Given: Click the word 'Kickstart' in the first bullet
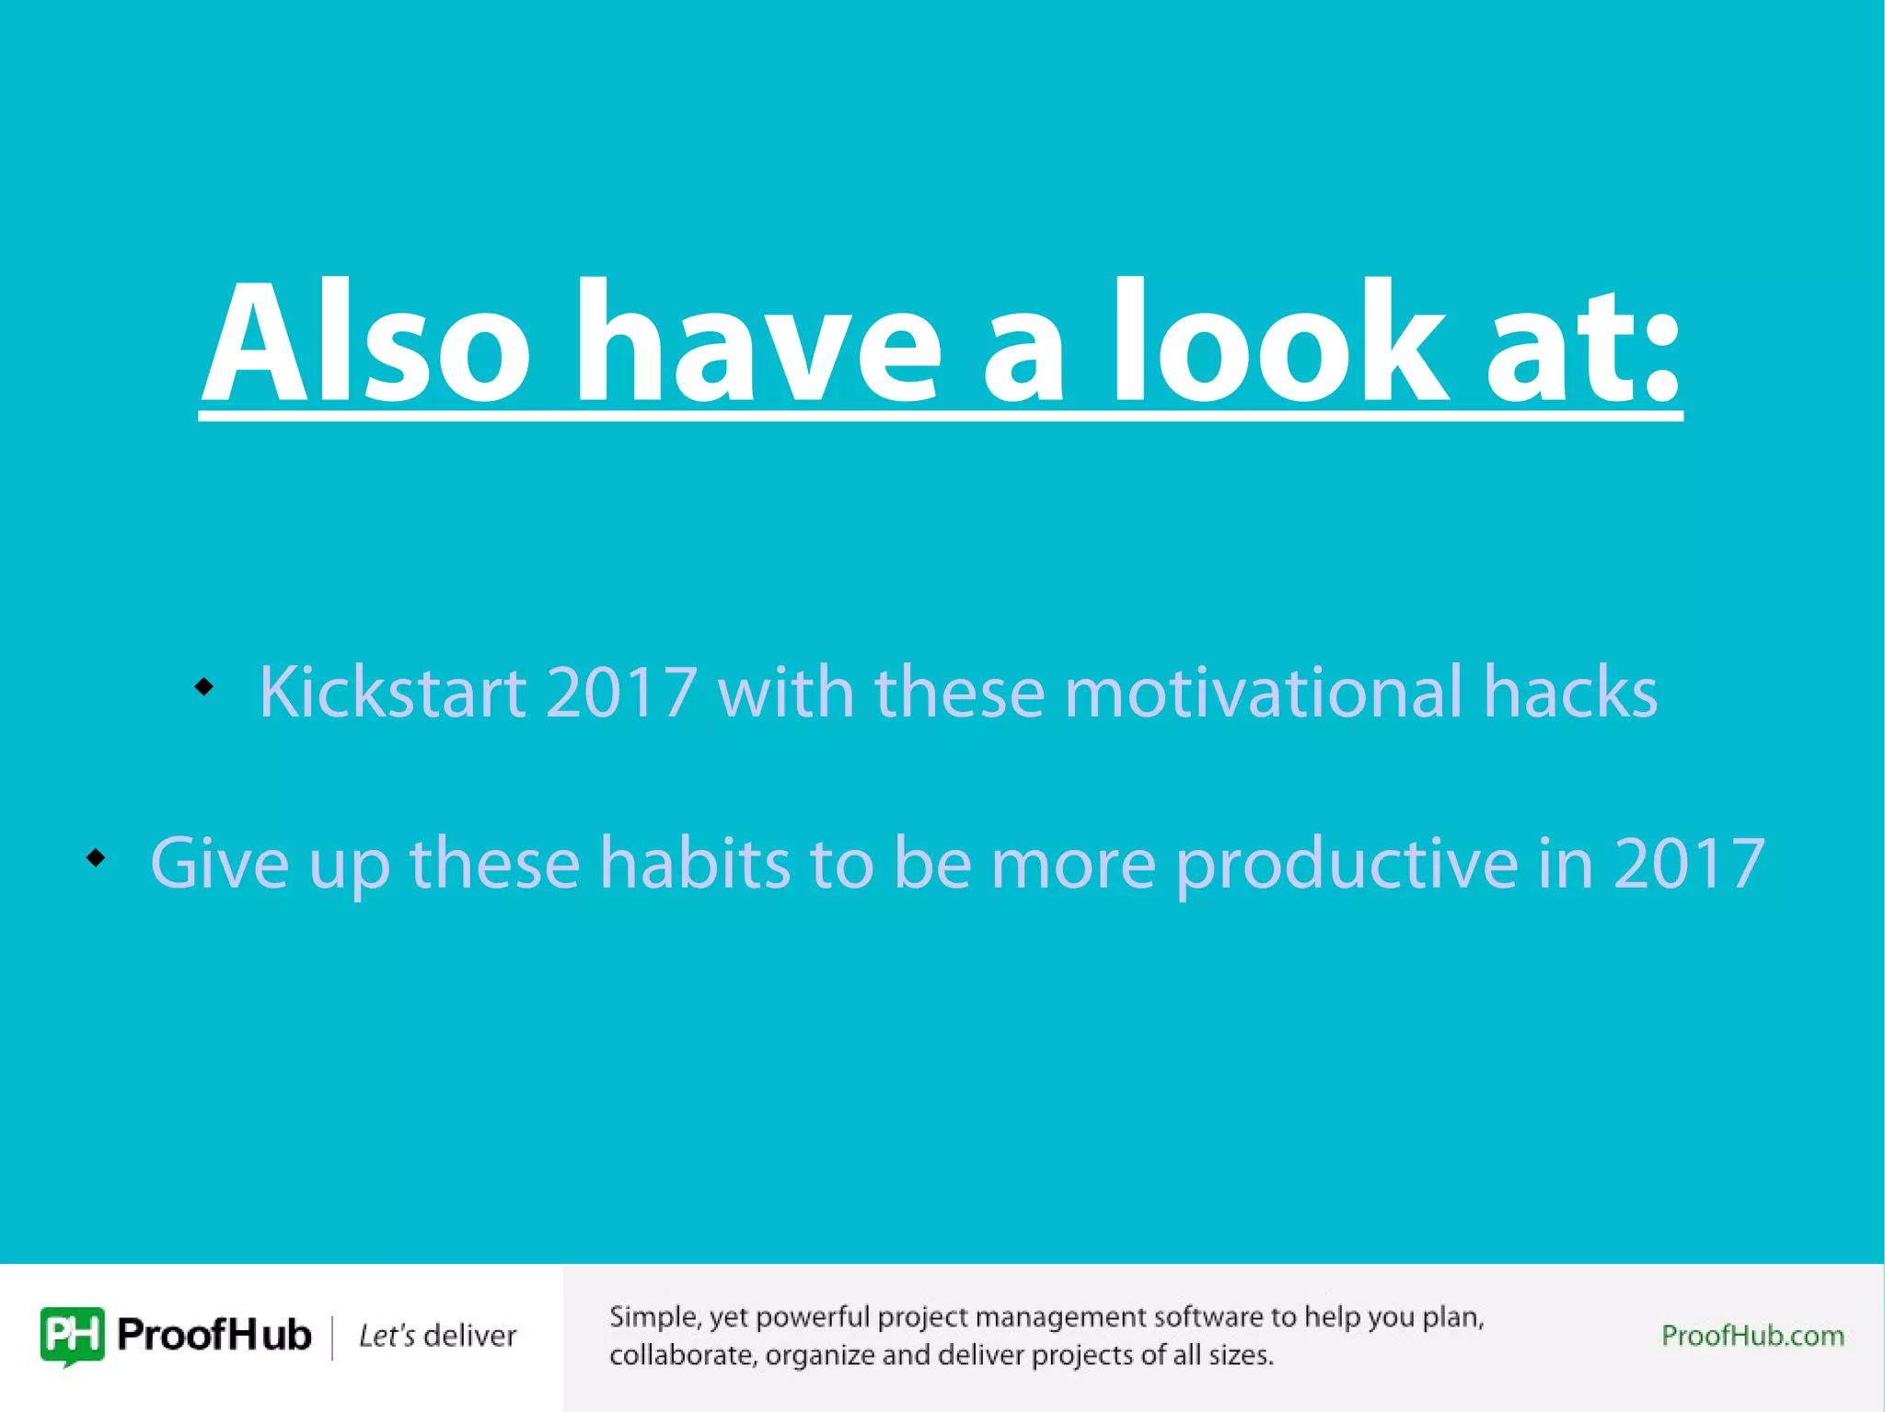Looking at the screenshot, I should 392,692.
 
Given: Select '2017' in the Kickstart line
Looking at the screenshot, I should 621,692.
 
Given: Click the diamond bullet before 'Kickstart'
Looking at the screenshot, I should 203,686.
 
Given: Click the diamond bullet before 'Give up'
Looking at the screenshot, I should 96,857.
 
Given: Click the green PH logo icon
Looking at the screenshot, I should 72,1335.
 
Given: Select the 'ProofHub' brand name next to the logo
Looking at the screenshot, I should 214,1335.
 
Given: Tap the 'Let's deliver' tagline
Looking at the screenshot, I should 437,1336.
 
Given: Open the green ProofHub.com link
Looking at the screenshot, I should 1752,1336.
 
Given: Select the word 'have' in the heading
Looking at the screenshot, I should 757,342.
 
